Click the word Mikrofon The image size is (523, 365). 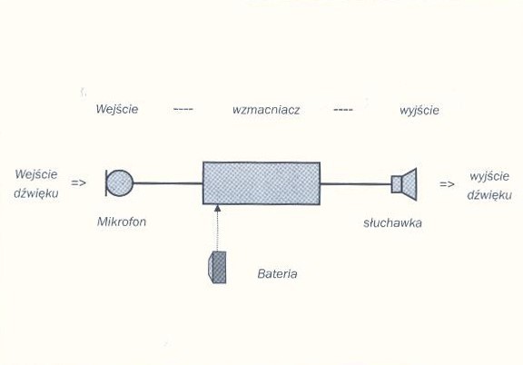tap(122, 222)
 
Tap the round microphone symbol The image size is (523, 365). tap(120, 182)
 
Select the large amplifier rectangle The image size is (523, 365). tap(261, 183)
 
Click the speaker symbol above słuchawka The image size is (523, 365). tap(404, 183)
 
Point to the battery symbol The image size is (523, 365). tap(217, 267)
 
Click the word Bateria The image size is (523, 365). tap(277, 274)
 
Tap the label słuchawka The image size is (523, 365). tap(392, 222)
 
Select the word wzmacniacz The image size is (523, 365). tap(266, 110)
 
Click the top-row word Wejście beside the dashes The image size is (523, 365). tap(117, 109)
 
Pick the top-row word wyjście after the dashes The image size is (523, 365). tap(419, 111)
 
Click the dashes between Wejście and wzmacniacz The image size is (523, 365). tap(183, 109)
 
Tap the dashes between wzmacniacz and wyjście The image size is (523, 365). tap(343, 110)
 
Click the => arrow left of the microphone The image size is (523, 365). tap(79, 182)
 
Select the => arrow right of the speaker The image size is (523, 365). tap(447, 184)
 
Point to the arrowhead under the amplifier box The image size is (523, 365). tap(218, 208)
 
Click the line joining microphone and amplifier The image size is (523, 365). tap(168, 183)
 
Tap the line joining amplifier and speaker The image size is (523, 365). tap(356, 183)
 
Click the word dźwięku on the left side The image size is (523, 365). tap(36, 193)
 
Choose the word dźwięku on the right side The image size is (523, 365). tap(489, 195)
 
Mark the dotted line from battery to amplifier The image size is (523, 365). tap(217, 232)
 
